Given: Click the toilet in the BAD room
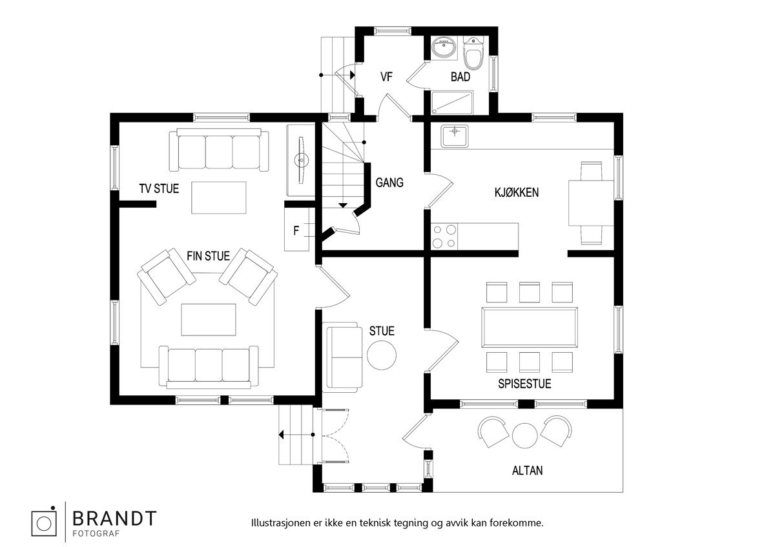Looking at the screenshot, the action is pos(473,54).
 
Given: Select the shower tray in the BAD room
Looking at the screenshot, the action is pos(452,103).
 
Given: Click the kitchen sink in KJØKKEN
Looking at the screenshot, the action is pos(454,136).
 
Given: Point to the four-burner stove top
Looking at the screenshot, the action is pos(444,236).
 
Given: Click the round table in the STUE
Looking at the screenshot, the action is pos(381,355).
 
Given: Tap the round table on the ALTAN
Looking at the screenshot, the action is pos(524,436).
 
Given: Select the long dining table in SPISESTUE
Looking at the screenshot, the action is pos(530,327).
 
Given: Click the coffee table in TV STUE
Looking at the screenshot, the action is pos(219,197).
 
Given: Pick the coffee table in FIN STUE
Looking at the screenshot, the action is pos(208,320).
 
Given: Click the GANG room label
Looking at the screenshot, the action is pos(389,183).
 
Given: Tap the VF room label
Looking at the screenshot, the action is pos(386,77).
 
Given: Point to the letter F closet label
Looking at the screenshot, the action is pos(296,230).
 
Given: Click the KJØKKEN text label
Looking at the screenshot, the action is pos(517,192).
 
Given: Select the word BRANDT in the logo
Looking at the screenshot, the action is pos(114,519).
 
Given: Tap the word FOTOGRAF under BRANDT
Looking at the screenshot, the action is pos(96,533).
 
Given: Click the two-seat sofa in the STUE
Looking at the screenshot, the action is pos(342,357).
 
